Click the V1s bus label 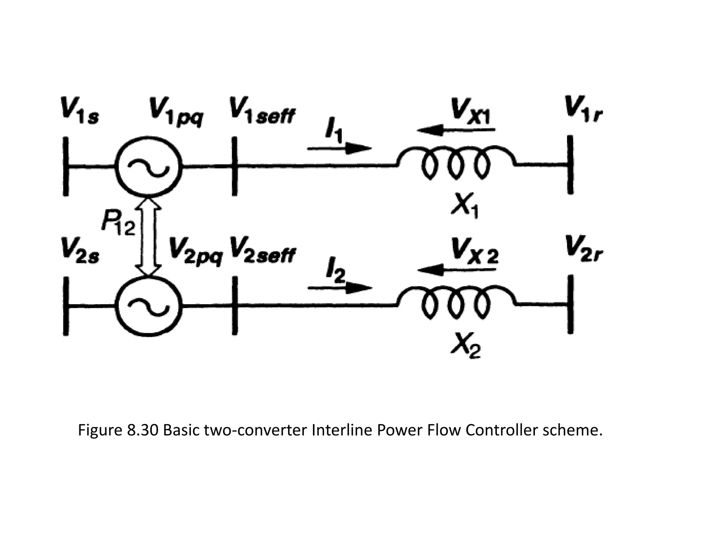[80, 111]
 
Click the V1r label [583, 109]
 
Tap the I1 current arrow [339, 149]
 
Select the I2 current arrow [339, 288]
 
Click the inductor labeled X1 [456, 163]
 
